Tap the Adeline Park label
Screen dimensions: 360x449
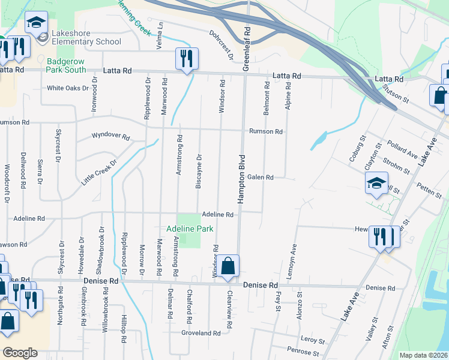coord(190,229)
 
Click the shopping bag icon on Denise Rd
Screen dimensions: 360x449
coord(228,266)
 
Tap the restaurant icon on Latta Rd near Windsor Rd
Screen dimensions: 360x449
coord(186,59)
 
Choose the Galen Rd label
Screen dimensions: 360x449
coord(261,178)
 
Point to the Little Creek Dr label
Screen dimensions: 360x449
coord(99,172)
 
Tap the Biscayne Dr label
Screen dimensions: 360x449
coord(199,171)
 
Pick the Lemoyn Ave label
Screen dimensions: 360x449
coord(294,257)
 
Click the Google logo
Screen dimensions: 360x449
coord(20,353)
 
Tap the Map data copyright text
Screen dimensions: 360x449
coord(424,355)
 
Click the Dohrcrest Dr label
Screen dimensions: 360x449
coord(221,45)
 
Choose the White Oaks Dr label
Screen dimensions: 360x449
coord(68,88)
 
